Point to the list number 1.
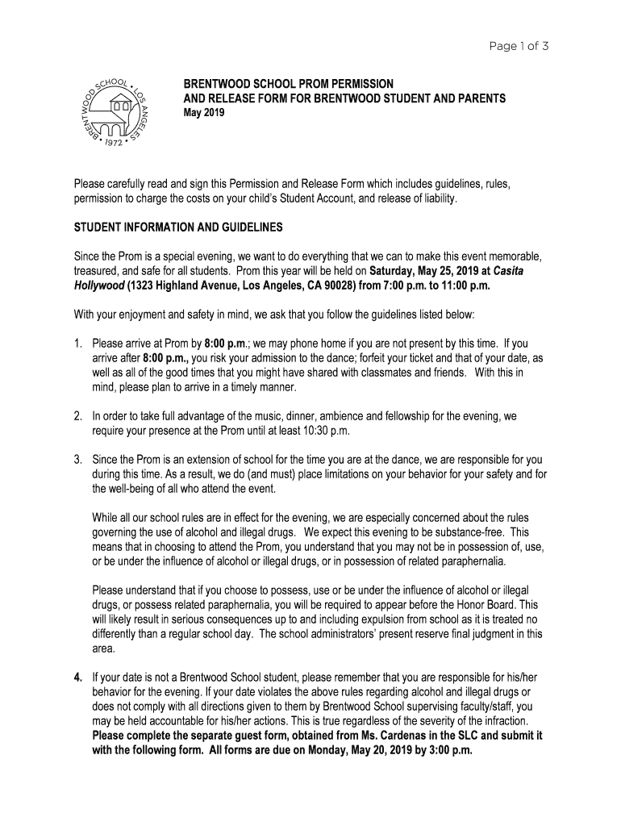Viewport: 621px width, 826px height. click(x=78, y=344)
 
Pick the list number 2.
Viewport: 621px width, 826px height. click(x=78, y=416)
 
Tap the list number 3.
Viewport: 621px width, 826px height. click(x=78, y=460)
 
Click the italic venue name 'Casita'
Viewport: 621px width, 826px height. click(x=508, y=271)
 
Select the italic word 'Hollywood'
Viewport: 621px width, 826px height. click(x=99, y=286)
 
